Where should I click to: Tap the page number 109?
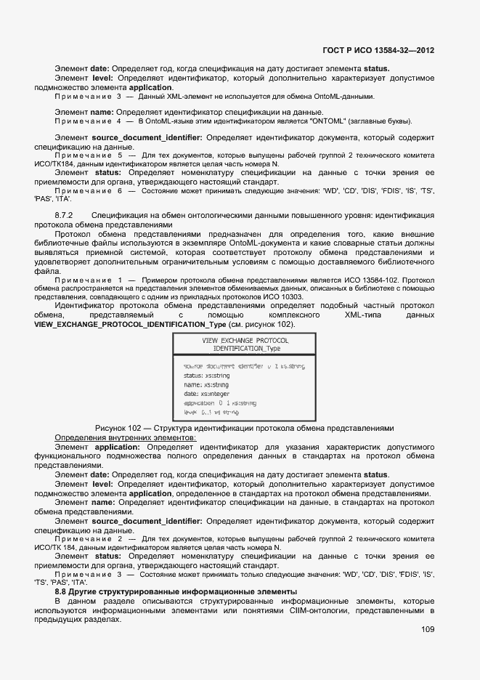[428, 630]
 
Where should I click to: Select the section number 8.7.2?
[65, 216]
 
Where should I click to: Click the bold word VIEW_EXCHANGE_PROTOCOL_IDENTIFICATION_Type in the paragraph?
[131, 324]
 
